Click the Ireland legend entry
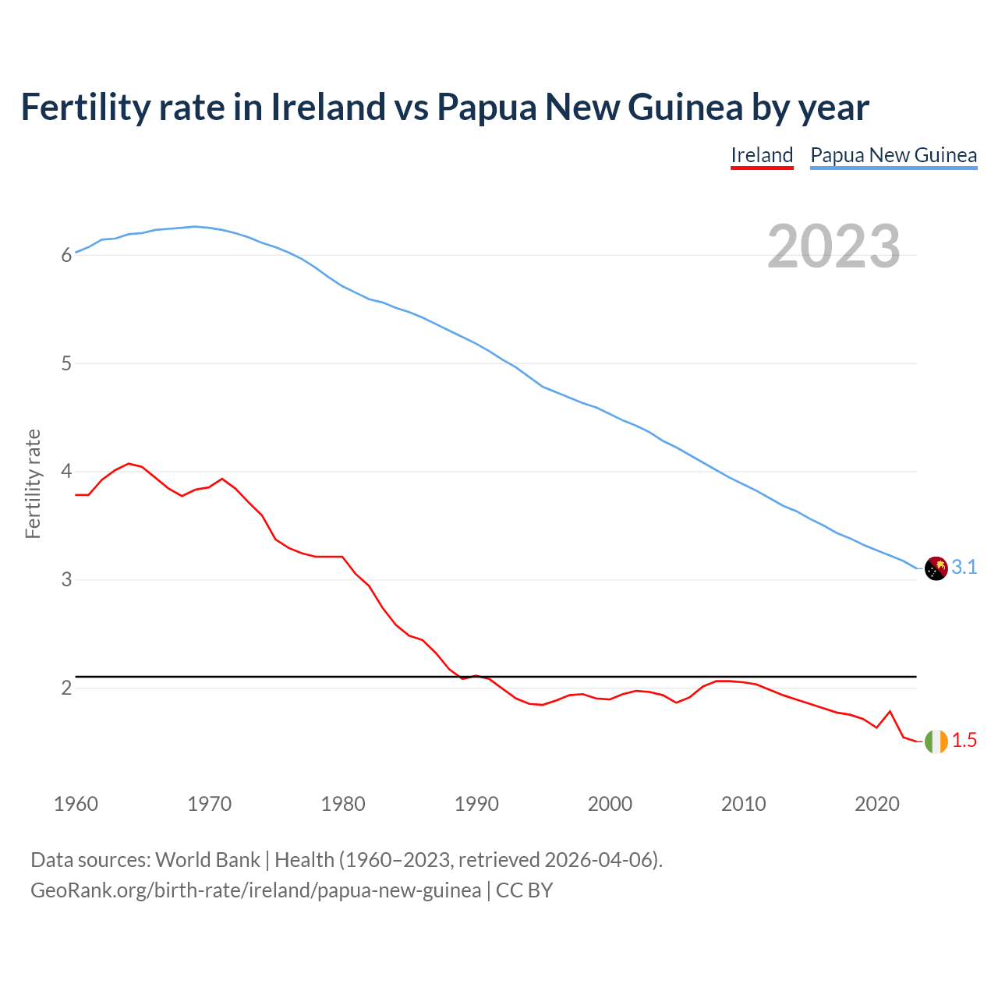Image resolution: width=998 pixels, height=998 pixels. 762,155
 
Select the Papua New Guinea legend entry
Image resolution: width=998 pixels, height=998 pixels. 894,155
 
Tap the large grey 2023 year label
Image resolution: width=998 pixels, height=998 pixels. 833,246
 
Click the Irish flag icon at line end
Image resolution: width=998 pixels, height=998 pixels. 936,741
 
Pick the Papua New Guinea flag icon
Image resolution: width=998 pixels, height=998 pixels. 936,568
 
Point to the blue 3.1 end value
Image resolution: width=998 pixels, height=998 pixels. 964,568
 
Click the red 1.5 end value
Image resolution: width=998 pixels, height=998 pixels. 964,741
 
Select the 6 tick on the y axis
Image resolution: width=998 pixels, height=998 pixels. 66,256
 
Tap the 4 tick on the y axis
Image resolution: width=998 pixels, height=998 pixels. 66,472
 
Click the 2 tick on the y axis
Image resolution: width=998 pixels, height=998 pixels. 66,688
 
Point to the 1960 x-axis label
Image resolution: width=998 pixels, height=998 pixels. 76,804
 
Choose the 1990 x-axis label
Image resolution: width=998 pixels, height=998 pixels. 476,804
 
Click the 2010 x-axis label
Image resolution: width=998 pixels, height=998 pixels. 743,804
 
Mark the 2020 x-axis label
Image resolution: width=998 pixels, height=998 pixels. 877,804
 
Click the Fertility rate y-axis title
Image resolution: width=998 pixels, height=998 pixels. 33,483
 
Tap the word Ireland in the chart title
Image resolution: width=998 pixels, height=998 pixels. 328,107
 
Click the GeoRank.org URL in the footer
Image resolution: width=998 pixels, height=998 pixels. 256,890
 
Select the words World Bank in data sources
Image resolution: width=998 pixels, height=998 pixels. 207,860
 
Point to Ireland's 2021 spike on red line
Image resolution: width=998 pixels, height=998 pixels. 890,711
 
